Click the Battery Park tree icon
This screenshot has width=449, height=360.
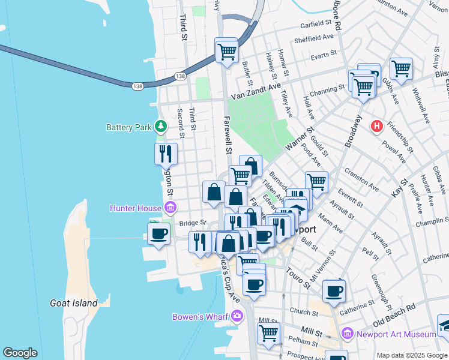[x=160, y=127]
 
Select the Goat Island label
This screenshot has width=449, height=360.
[x=74, y=303]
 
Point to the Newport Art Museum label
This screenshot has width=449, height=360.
[x=395, y=334]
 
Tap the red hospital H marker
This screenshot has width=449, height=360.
[x=377, y=127]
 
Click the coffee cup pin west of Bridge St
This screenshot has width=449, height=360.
[x=159, y=233]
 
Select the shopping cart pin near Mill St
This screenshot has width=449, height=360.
[x=268, y=332]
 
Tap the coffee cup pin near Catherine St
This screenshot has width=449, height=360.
[x=334, y=292]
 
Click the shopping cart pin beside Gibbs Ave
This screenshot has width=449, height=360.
[x=400, y=68]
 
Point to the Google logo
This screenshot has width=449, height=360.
[x=20, y=353]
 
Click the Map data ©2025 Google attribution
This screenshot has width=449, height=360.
[x=411, y=355]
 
